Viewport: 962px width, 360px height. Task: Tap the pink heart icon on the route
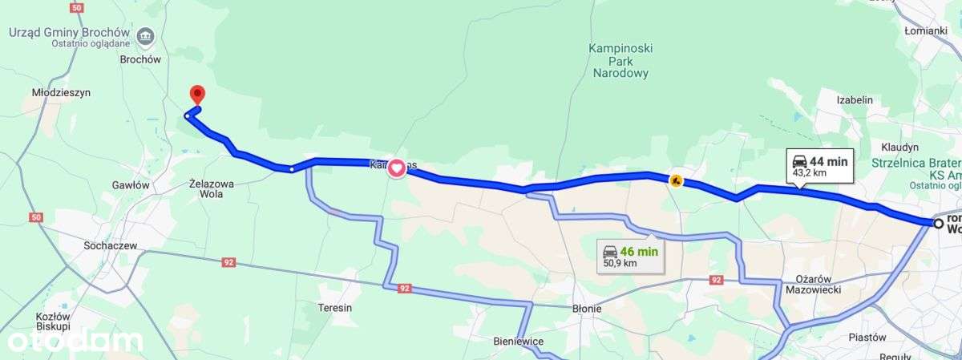397,168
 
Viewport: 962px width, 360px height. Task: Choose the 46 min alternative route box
630,256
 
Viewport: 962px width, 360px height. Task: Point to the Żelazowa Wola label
211,188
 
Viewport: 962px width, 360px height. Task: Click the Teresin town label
335,307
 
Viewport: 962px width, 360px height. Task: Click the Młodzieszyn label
61,93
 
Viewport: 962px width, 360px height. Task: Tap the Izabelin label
854,100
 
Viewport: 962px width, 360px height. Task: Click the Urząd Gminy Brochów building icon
146,34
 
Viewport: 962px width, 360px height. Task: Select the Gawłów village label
131,184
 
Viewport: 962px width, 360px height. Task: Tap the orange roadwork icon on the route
676,181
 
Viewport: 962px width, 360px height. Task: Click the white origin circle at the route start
937,223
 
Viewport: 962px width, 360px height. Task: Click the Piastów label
867,338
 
